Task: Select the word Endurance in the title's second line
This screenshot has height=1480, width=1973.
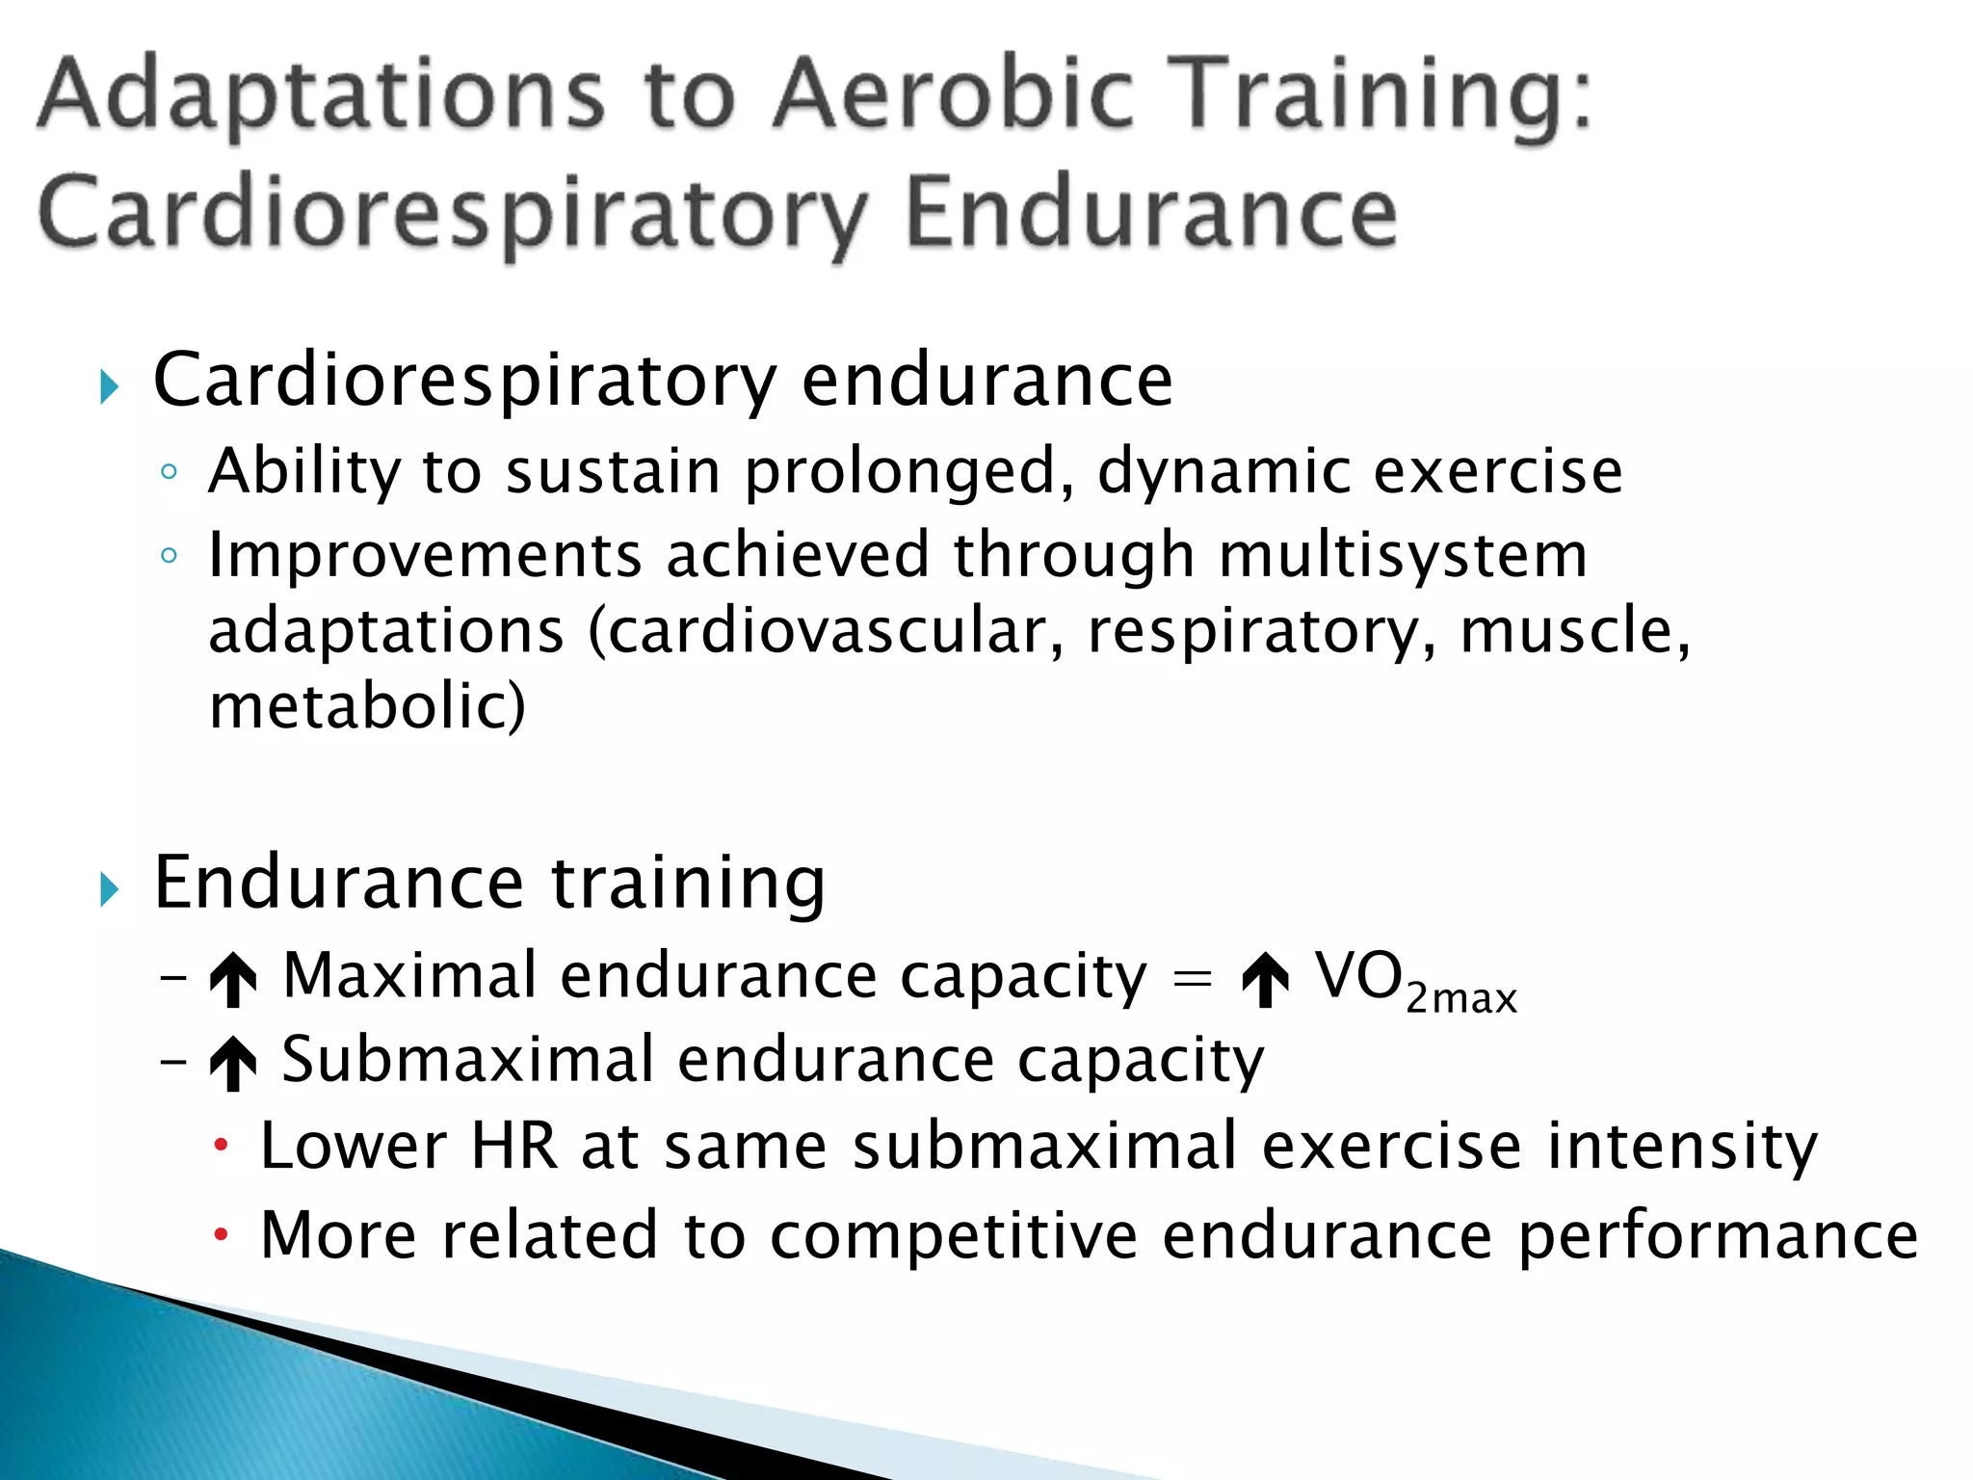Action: (1150, 213)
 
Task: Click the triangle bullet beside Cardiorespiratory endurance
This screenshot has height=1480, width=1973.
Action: (109, 387)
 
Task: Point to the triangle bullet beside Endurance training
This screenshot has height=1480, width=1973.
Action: (109, 889)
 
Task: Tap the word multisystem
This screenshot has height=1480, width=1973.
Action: (1403, 557)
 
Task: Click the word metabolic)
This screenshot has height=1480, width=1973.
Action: (367, 706)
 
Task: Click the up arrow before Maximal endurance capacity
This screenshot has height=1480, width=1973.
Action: (233, 980)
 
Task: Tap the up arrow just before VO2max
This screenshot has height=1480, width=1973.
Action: (1265, 980)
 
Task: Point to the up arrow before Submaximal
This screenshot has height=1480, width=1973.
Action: (233, 1064)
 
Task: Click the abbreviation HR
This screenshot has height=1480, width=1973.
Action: (513, 1147)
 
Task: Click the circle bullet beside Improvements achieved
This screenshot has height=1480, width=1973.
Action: (170, 556)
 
